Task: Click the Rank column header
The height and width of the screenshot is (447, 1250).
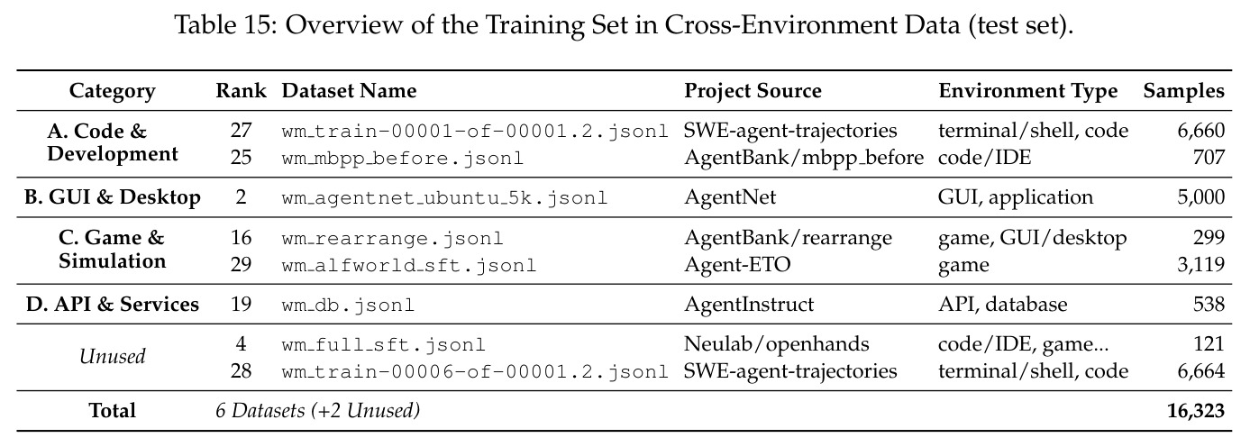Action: point(241,90)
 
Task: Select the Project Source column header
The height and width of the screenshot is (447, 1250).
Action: point(753,91)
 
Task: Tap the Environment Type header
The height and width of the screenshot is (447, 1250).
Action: point(1028,91)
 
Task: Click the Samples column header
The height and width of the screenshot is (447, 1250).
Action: point(1183,91)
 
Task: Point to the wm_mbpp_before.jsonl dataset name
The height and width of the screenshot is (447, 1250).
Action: point(402,158)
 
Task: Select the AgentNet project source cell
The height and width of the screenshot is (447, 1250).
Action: point(730,197)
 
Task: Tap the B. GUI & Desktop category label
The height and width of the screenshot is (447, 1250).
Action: point(112,197)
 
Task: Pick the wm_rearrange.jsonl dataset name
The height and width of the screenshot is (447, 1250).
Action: point(392,238)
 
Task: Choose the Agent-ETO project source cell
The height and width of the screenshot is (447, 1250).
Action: point(737,264)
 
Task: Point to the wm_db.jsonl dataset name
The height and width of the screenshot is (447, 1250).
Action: point(348,305)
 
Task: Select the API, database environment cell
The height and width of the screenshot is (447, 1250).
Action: point(1003,304)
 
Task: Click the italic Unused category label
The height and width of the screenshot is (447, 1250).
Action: point(112,356)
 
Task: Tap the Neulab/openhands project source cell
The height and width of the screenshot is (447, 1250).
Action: point(776,343)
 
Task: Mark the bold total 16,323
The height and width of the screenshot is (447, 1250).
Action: point(1196,411)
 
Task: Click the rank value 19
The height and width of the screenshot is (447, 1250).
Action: point(241,304)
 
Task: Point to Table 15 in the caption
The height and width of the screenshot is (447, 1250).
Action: point(225,24)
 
